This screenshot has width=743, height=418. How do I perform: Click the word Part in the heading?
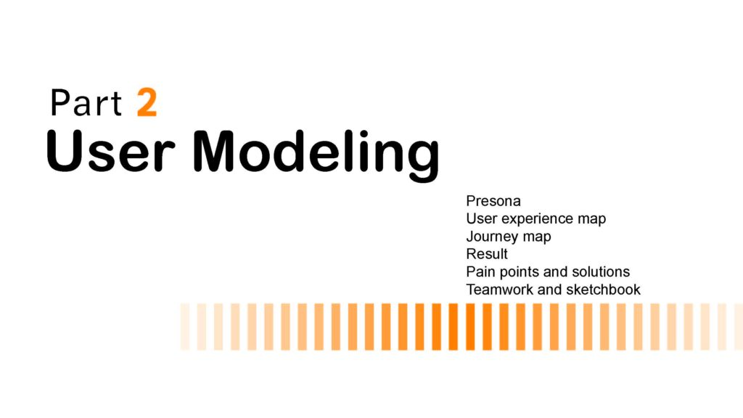tap(86, 102)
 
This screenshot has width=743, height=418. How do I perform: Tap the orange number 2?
tap(147, 102)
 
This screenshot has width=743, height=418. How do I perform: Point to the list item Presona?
tap(493, 201)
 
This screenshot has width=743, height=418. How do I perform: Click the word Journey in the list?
tap(491, 237)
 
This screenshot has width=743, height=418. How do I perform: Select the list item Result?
tap(487, 254)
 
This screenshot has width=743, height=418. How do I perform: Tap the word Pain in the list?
tap(480, 271)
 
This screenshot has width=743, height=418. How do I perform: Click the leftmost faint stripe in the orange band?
tap(185, 327)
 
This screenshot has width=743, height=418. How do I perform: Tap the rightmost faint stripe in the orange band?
tap(739, 327)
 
